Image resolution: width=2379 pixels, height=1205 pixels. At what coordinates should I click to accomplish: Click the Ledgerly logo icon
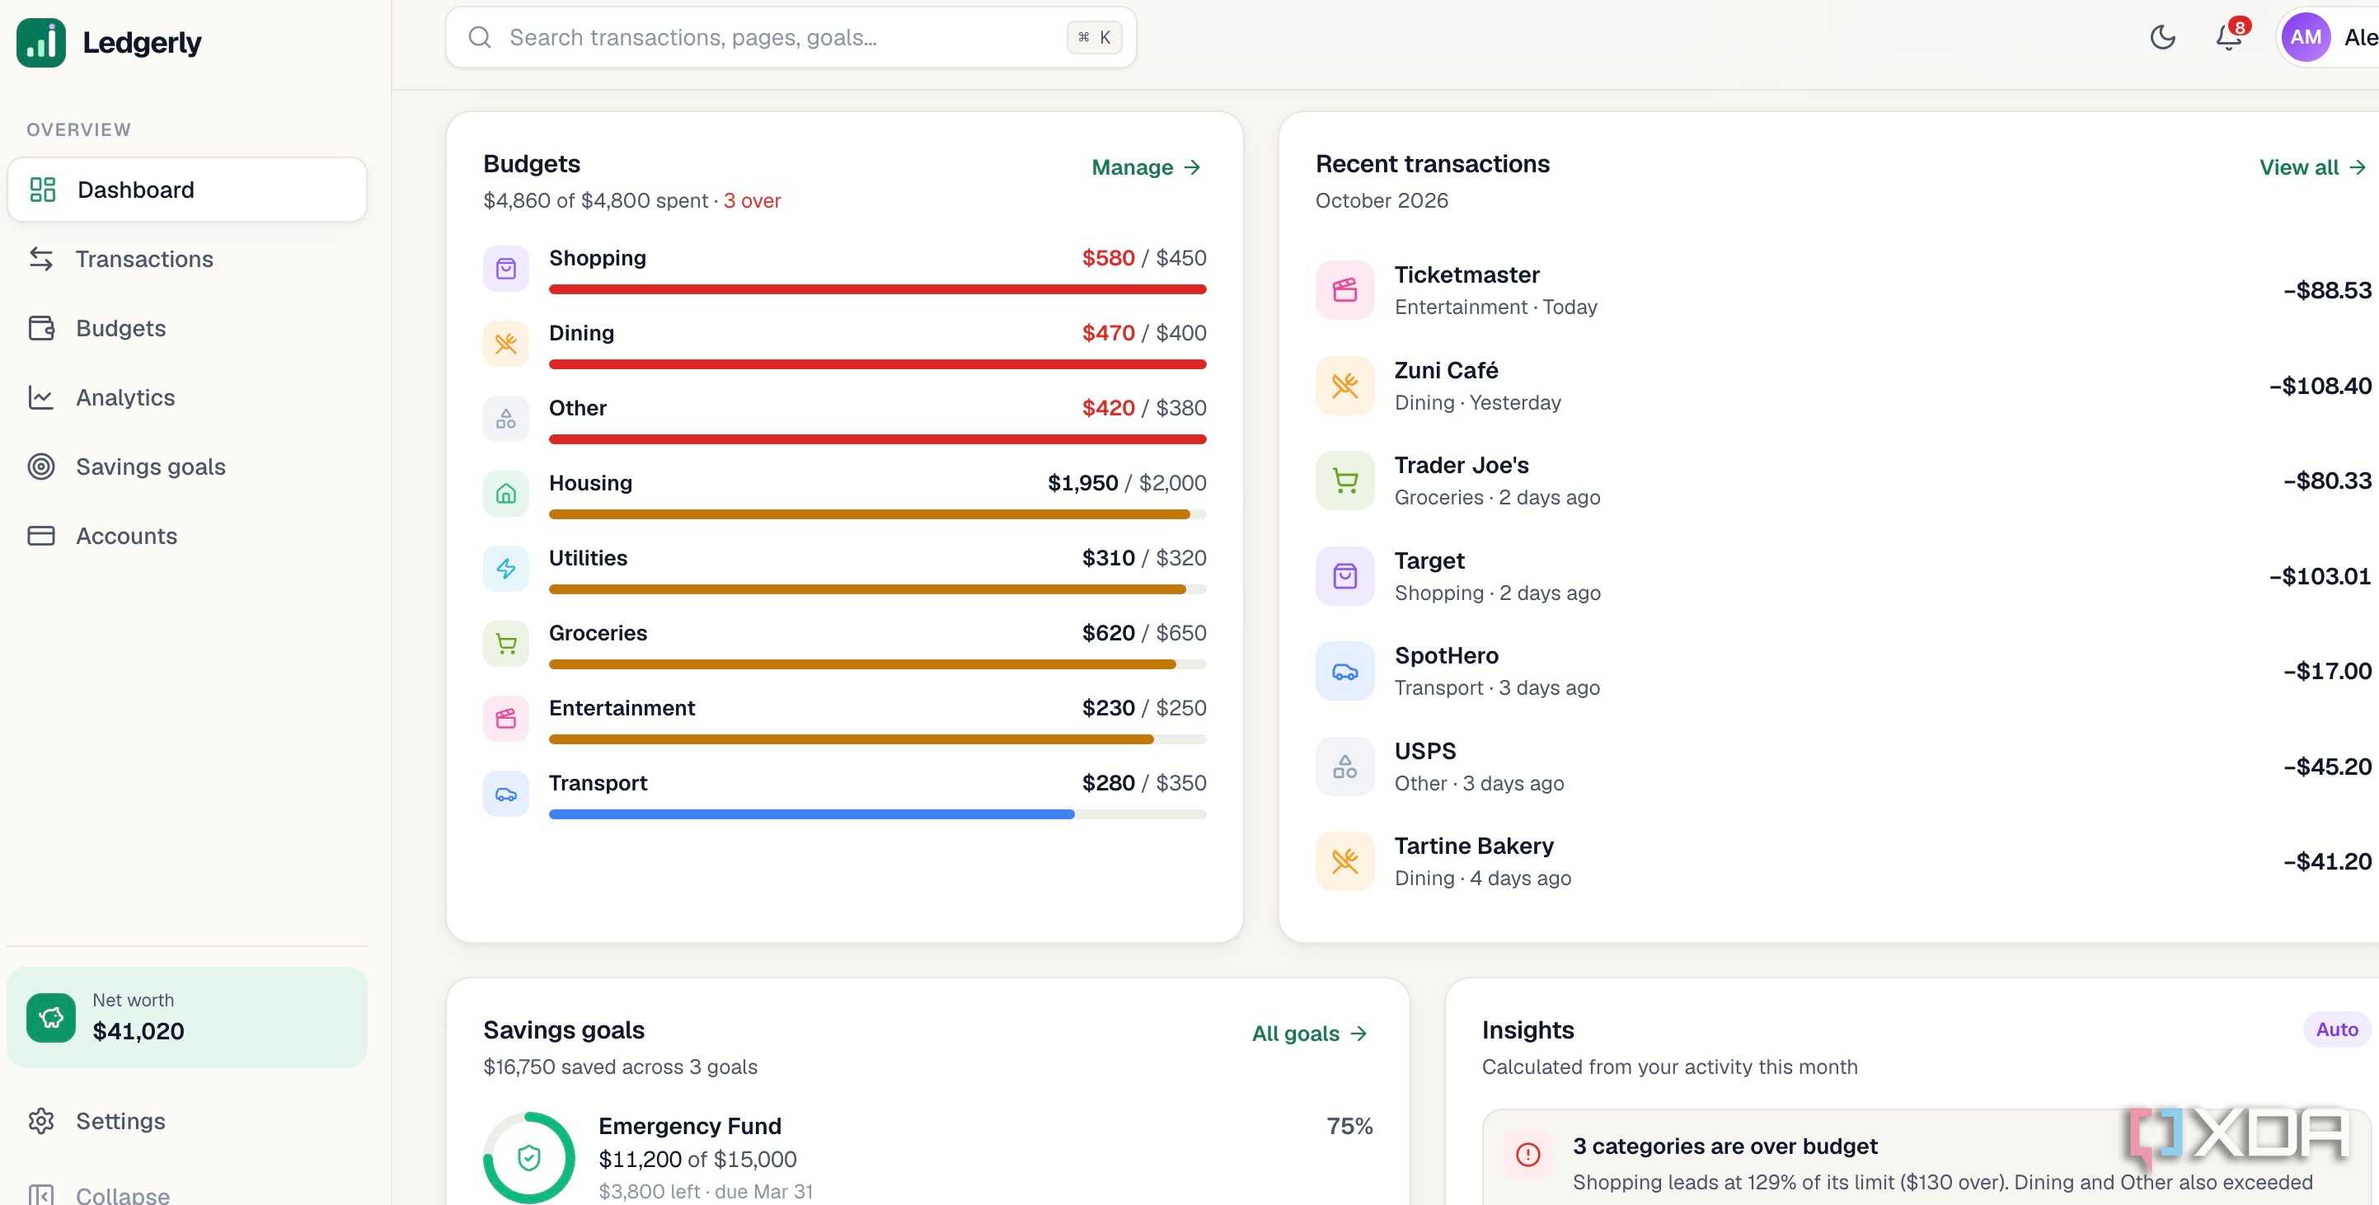(x=41, y=43)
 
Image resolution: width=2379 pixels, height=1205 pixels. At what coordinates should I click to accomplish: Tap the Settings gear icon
(x=41, y=1121)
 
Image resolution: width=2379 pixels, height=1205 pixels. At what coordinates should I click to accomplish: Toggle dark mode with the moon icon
(x=2163, y=37)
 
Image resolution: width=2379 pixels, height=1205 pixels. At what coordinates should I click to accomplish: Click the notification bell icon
(x=2228, y=37)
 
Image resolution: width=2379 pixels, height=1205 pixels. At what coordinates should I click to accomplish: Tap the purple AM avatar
(x=2305, y=38)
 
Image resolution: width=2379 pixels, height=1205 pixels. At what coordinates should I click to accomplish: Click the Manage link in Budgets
(x=1146, y=167)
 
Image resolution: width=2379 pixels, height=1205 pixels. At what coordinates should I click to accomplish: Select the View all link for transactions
(x=2311, y=167)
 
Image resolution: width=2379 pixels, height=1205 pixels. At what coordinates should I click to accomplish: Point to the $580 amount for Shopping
(x=1108, y=258)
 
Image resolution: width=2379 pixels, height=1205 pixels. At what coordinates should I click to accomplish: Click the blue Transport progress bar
(x=811, y=814)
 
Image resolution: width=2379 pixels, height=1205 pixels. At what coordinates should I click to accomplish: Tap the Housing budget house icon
(x=506, y=494)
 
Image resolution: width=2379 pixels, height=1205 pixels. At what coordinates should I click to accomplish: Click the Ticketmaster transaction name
(x=1466, y=275)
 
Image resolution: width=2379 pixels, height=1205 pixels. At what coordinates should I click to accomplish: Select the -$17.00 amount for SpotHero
(x=2326, y=671)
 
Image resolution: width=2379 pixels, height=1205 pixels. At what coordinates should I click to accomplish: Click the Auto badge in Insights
(x=2336, y=1029)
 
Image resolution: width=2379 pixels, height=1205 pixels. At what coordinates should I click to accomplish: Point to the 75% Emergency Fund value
(x=1349, y=1127)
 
